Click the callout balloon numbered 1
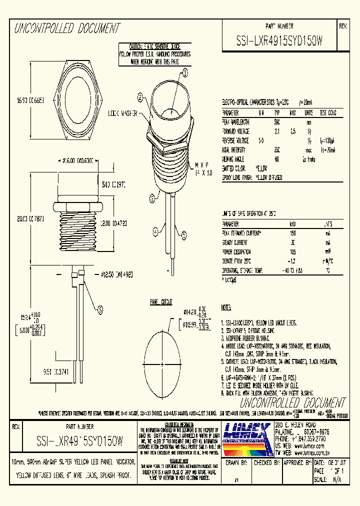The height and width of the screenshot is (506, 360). pyautogui.click(x=184, y=73)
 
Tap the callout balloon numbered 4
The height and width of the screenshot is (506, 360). pyautogui.click(x=156, y=231)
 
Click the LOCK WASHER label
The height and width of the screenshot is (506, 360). pyautogui.click(x=122, y=113)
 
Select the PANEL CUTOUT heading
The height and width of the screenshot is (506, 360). pyautogui.click(x=161, y=302)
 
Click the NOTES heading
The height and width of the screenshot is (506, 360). pyautogui.click(x=226, y=307)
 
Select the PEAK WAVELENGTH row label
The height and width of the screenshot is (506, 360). pyautogui.click(x=236, y=121)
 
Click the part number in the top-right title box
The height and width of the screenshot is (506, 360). pyautogui.click(x=279, y=42)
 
